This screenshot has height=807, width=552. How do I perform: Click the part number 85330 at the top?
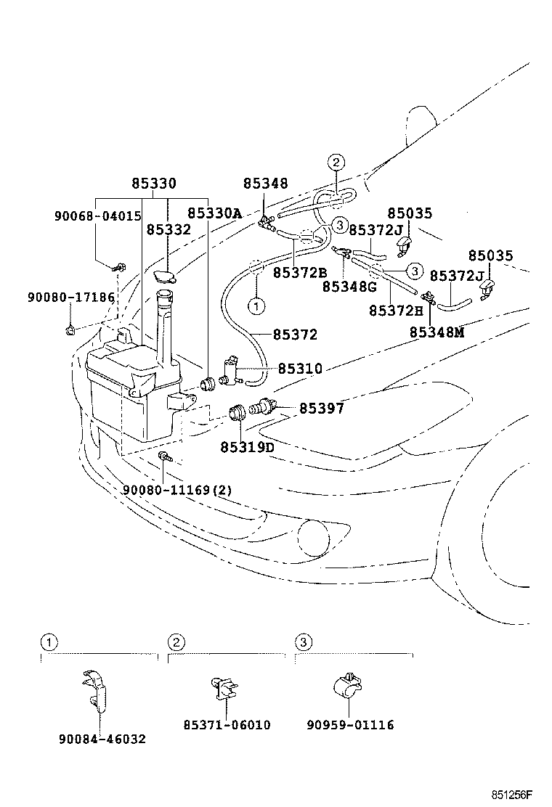(154, 184)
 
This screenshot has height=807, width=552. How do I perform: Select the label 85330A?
(215, 213)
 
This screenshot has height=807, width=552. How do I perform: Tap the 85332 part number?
(169, 229)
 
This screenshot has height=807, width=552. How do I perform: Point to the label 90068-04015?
(97, 216)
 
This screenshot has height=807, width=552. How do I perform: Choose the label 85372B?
(300, 272)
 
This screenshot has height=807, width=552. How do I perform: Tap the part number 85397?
(321, 409)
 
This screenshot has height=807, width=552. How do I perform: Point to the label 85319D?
(247, 447)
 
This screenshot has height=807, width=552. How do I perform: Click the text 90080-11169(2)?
(177, 490)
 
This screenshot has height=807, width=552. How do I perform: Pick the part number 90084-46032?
(102, 739)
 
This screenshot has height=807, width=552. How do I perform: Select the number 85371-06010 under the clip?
(227, 725)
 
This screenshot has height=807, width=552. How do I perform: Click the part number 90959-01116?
(350, 725)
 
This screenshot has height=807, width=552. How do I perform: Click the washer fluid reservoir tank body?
(123, 392)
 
